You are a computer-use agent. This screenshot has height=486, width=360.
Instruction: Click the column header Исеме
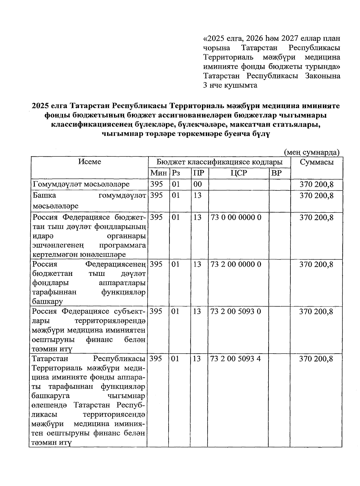(x=90, y=162)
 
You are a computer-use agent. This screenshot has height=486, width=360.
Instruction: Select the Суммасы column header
(x=317, y=162)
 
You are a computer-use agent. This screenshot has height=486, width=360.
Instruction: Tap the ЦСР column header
(x=238, y=173)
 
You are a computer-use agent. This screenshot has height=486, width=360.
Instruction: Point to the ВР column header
(x=276, y=173)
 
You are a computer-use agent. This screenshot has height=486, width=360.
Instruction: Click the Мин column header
(x=159, y=173)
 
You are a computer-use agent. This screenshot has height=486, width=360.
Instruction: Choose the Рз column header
(x=175, y=173)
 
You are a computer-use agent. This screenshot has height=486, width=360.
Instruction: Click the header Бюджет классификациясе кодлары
(x=220, y=162)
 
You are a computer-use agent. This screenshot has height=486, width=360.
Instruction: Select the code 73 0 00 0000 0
(x=236, y=217)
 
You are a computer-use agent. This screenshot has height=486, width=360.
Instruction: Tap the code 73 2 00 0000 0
(x=236, y=264)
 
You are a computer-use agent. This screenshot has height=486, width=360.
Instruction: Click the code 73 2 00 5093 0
(x=236, y=311)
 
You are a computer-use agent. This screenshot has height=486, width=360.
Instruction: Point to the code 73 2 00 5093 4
(x=236, y=359)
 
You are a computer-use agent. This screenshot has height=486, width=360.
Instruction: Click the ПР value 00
(x=197, y=184)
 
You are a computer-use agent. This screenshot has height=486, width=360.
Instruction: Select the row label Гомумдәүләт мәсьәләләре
(x=81, y=184)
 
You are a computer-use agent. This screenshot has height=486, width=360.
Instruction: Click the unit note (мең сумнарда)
(x=312, y=152)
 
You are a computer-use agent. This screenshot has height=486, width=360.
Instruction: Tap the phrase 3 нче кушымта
(x=230, y=85)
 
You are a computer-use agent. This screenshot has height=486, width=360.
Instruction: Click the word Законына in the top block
(x=323, y=76)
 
